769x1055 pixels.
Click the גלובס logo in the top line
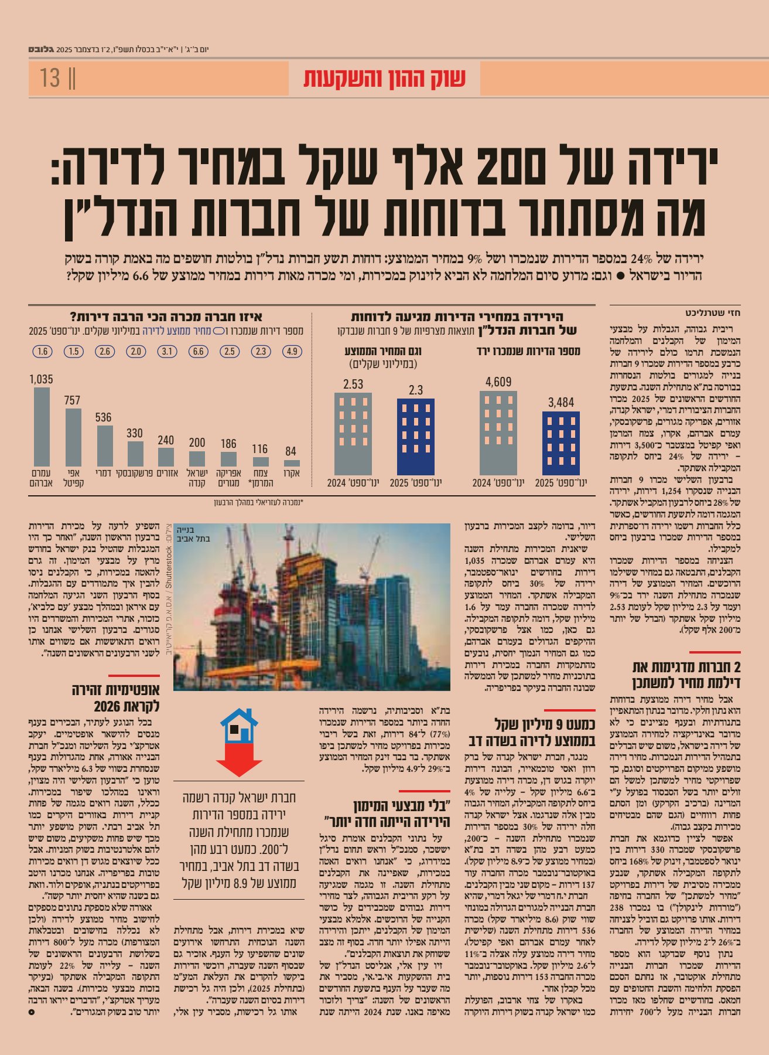click(40, 49)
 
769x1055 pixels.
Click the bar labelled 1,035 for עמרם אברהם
click(42, 427)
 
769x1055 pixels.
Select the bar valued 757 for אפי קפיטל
click(73, 437)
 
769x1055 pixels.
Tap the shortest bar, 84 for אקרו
click(291, 463)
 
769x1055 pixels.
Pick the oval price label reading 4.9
click(292, 352)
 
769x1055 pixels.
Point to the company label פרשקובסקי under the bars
click(135, 472)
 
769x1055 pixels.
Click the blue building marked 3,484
click(561, 443)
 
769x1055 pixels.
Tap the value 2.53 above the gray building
click(353, 384)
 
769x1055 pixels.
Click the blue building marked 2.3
click(416, 437)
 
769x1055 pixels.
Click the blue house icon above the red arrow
click(240, 727)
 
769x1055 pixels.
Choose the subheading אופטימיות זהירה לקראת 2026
click(116, 697)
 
